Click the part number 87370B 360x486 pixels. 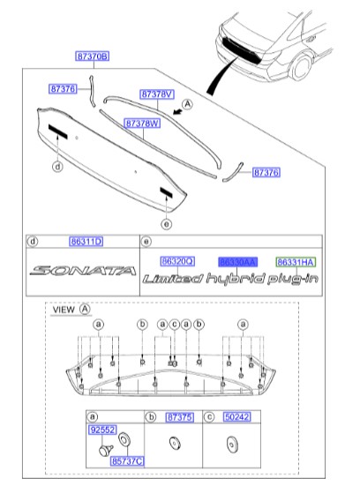point(92,56)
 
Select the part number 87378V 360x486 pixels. point(157,93)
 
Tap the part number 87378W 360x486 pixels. point(141,124)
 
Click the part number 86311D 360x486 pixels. point(86,241)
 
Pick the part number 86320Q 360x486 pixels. point(176,262)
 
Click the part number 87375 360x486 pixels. point(179,415)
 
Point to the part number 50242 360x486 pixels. point(236,415)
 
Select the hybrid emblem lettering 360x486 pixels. point(236,280)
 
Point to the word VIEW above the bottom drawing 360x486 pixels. point(64,310)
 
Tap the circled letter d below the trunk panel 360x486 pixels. point(56,165)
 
